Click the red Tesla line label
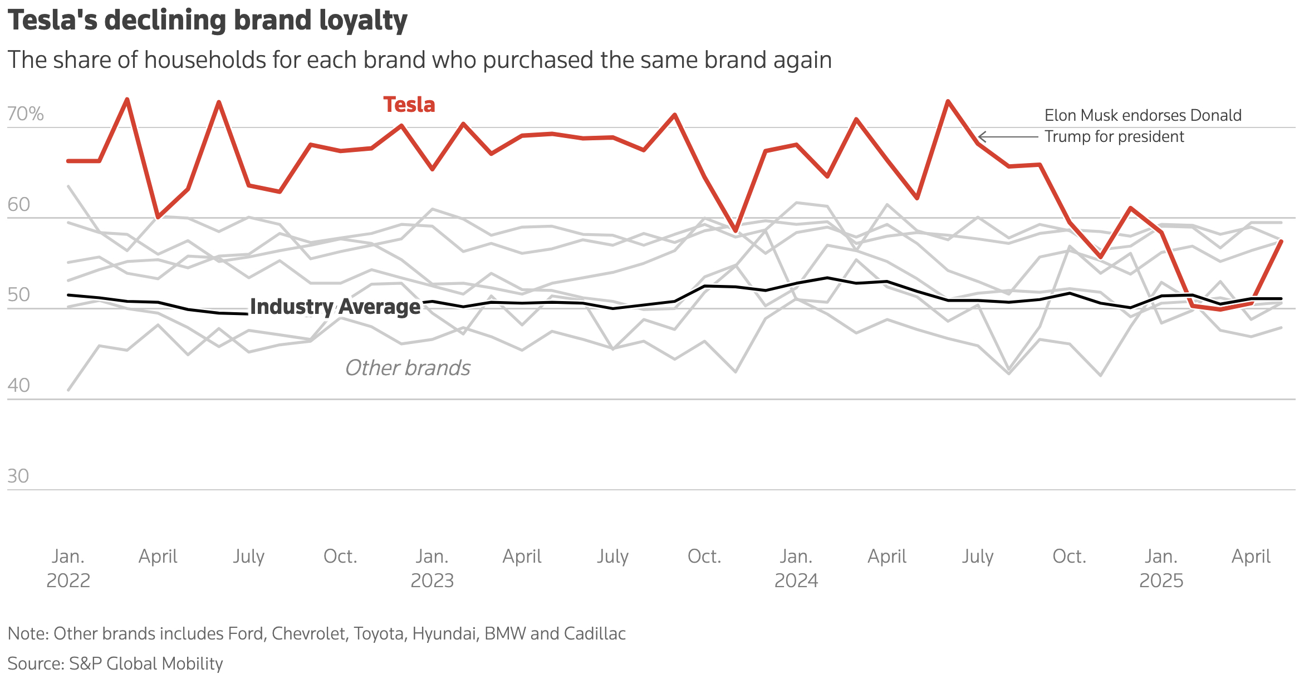tap(409, 105)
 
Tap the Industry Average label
tap(335, 307)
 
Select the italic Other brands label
tap(408, 368)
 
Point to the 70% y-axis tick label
tap(25, 114)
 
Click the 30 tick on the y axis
tap(18, 476)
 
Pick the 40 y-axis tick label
tap(18, 385)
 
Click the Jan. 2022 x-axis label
tap(68, 568)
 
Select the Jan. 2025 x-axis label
tap(1161, 568)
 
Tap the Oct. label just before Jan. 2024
tap(704, 556)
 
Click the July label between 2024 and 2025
tap(978, 556)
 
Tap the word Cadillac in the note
tap(595, 633)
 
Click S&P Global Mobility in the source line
tap(146, 663)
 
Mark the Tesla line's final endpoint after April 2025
tap(1281, 242)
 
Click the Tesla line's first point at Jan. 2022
tap(68, 161)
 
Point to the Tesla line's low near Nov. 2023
tap(736, 230)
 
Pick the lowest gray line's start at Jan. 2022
tap(68, 390)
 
